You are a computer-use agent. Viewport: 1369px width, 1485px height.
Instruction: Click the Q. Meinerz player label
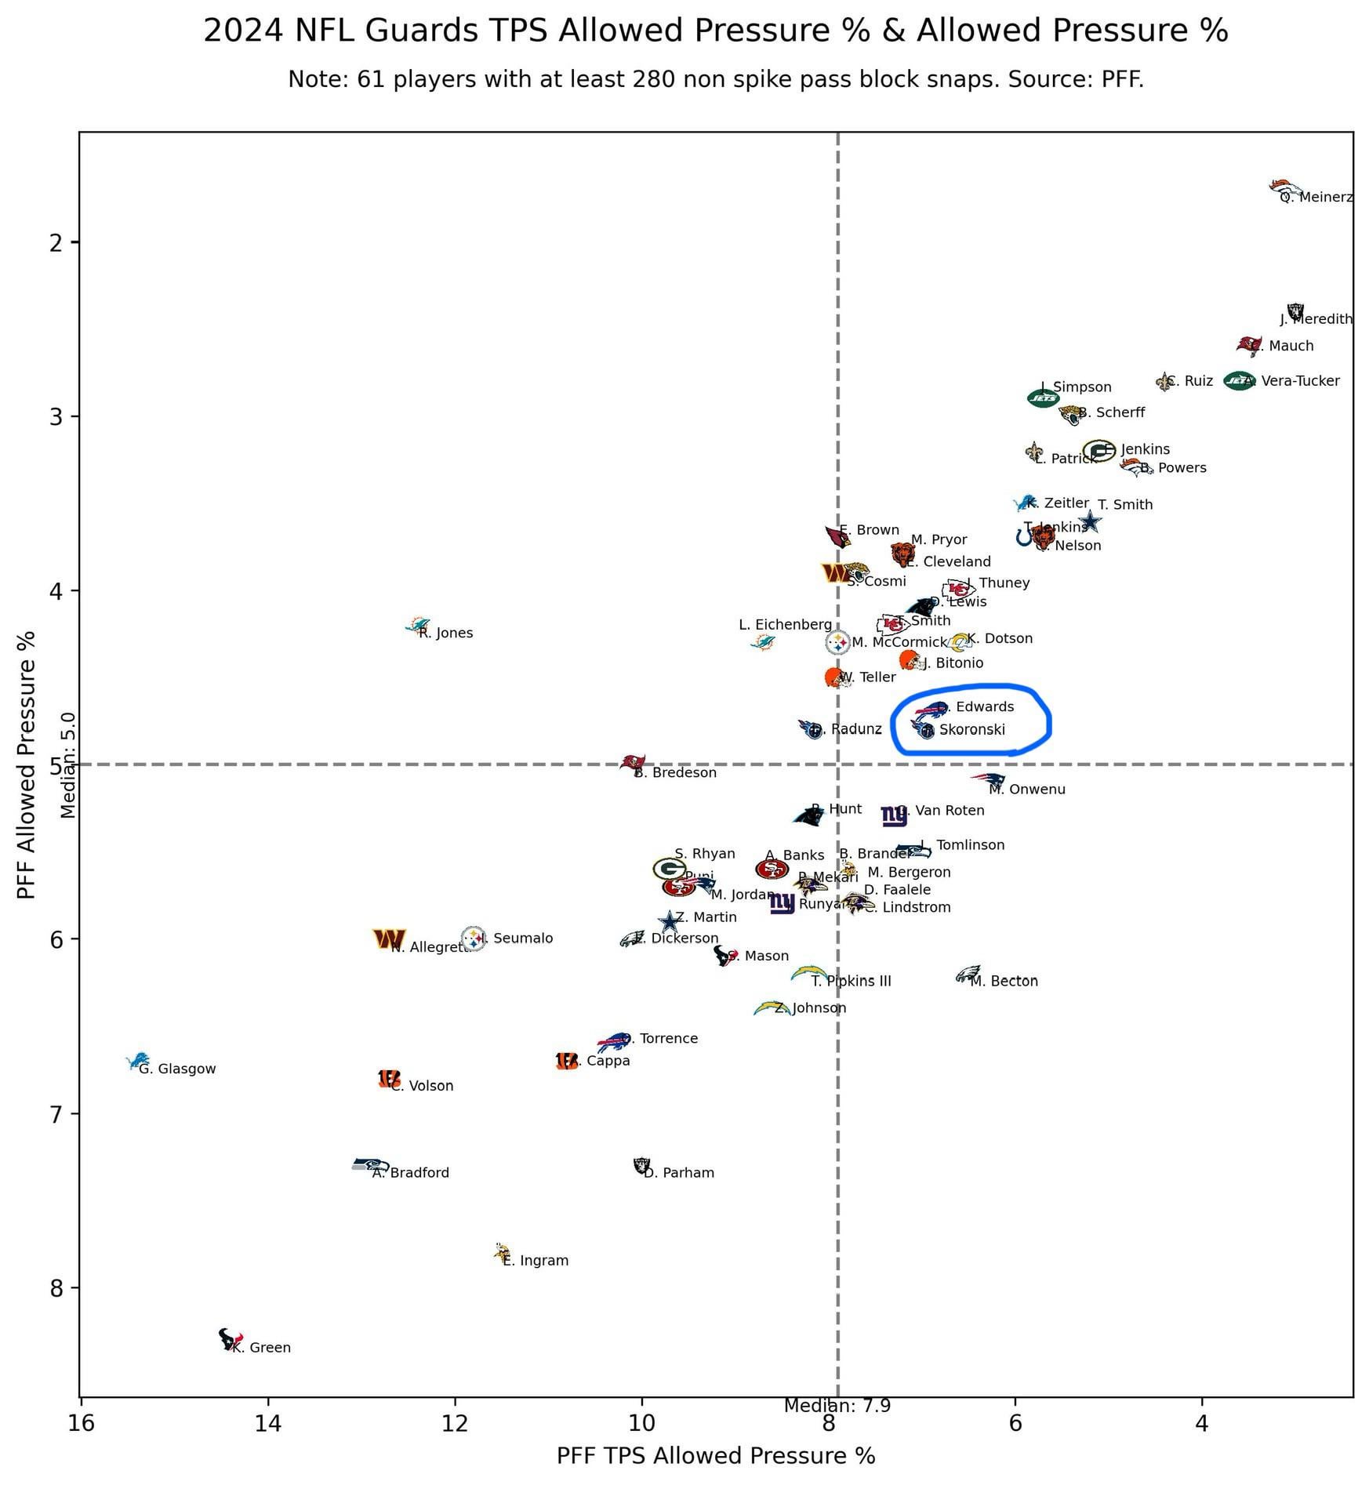tap(1316, 198)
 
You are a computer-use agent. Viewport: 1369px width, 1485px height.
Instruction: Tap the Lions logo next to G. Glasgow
tap(139, 1061)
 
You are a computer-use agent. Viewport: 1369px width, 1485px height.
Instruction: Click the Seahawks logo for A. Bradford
tap(369, 1164)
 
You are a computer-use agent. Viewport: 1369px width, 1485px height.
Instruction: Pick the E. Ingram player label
tap(536, 1261)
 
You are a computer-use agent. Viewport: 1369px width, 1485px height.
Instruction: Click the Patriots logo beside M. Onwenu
tap(990, 779)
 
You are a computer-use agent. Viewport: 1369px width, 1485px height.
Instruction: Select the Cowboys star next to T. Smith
tap(1090, 521)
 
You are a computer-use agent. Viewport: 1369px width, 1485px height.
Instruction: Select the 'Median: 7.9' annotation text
tap(837, 1406)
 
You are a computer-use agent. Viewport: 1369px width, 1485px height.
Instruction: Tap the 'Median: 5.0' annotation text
tap(69, 765)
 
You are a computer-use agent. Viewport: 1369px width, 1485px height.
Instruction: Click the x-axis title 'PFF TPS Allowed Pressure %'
tap(715, 1456)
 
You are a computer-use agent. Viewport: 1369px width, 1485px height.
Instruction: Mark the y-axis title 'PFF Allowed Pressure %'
tap(27, 765)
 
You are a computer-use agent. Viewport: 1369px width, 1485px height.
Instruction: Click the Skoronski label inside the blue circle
tap(971, 730)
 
